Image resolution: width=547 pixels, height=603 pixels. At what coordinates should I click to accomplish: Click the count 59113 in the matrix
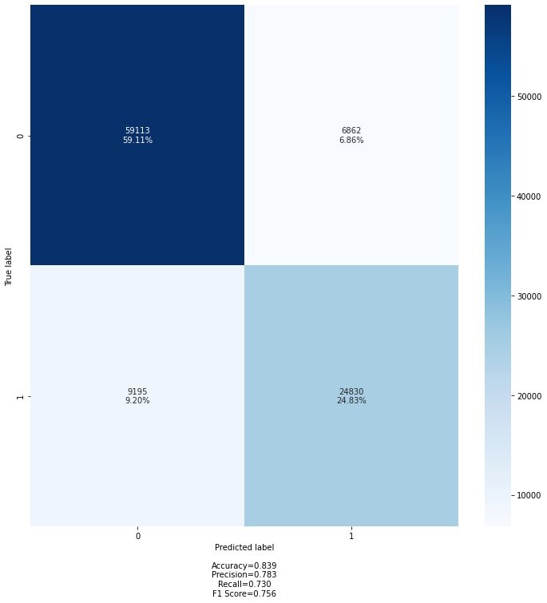pyautogui.click(x=137, y=130)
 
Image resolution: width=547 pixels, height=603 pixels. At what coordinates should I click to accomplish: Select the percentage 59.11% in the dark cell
pyautogui.click(x=137, y=140)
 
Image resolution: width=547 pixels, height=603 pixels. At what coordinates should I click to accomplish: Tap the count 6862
pyautogui.click(x=351, y=130)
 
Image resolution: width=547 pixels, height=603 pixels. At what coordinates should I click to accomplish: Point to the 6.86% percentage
pyautogui.click(x=351, y=140)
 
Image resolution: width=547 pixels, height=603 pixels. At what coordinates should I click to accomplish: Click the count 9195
pyautogui.click(x=137, y=391)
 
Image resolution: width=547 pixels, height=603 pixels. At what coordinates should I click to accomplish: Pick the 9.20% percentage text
pyautogui.click(x=137, y=401)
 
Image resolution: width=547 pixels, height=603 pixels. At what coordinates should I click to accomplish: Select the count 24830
pyautogui.click(x=351, y=391)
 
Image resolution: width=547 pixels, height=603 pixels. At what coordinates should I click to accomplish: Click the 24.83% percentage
pyautogui.click(x=351, y=401)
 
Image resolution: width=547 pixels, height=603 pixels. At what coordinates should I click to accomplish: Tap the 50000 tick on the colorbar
pyautogui.click(x=529, y=97)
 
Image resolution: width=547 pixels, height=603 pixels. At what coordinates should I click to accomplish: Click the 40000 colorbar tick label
pyautogui.click(x=529, y=196)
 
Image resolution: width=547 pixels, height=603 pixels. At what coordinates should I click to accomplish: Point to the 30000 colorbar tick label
pyautogui.click(x=529, y=296)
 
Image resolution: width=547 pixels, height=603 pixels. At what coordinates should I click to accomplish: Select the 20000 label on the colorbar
pyautogui.click(x=529, y=396)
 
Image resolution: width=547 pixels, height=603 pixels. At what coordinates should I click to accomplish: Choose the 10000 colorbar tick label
pyautogui.click(x=529, y=495)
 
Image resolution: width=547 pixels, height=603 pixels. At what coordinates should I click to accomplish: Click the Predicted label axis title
pyautogui.click(x=244, y=547)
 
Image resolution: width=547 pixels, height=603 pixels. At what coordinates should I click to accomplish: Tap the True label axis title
pyautogui.click(x=9, y=267)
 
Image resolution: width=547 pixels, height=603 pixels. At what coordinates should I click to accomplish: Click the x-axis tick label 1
pyautogui.click(x=351, y=536)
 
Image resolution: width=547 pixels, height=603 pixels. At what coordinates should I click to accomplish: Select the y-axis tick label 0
pyautogui.click(x=21, y=136)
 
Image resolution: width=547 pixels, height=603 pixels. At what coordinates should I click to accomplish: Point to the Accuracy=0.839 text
pyautogui.click(x=244, y=565)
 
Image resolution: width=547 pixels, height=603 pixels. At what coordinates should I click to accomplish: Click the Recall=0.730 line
pyautogui.click(x=244, y=584)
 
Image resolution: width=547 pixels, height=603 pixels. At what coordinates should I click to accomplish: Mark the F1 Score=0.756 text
pyautogui.click(x=244, y=593)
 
